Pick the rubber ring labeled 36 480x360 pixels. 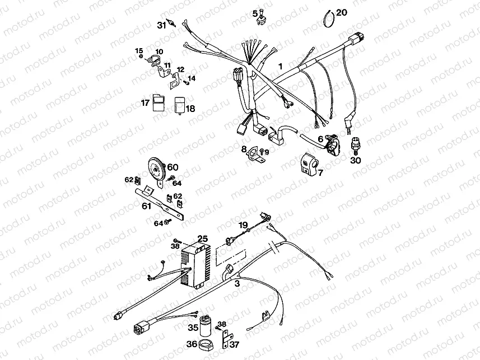[x=206, y=344]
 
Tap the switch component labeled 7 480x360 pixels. [x=309, y=164]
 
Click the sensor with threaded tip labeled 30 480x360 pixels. [x=355, y=147]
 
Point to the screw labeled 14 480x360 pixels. [x=186, y=83]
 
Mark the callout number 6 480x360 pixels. [x=320, y=139]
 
